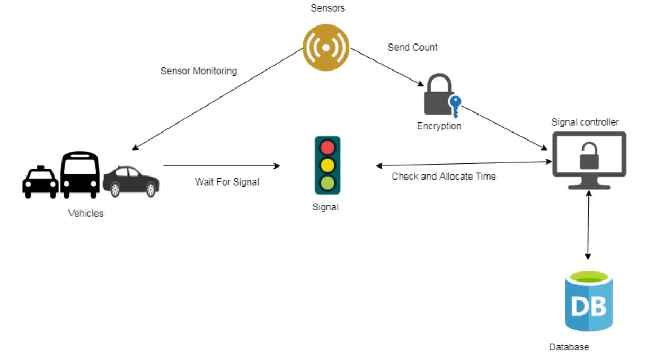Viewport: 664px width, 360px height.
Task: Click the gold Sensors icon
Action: click(325, 47)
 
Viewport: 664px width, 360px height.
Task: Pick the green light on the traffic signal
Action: click(327, 183)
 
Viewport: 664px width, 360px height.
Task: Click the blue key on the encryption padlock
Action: click(454, 105)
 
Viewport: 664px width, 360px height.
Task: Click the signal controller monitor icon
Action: click(589, 160)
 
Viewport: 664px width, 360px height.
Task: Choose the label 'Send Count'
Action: click(412, 47)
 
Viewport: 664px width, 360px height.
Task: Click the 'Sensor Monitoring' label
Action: click(198, 71)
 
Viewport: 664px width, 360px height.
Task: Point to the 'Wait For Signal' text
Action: click(227, 182)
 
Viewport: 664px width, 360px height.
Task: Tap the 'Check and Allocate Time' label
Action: click(444, 176)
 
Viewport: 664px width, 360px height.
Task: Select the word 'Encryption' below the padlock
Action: click(439, 126)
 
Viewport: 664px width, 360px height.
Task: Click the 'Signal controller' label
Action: click(585, 122)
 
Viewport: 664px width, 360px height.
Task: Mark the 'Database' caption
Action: click(569, 347)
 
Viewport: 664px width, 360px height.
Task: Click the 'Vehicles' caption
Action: click(86, 214)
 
